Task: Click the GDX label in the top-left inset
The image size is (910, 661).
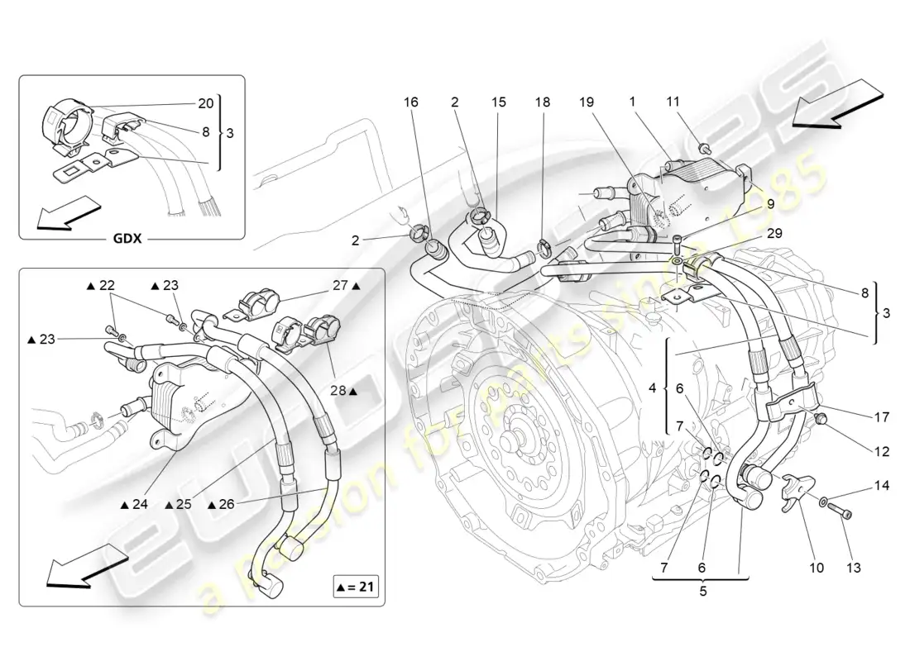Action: (x=127, y=240)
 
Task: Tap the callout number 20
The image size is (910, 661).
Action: (x=205, y=103)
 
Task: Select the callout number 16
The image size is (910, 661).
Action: (x=411, y=102)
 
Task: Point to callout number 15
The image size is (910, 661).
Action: (x=498, y=102)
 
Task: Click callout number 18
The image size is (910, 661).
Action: (x=542, y=102)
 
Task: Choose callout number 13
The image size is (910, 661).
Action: (x=854, y=568)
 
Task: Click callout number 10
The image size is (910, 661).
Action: (x=817, y=568)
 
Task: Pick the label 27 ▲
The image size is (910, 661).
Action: (x=345, y=287)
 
